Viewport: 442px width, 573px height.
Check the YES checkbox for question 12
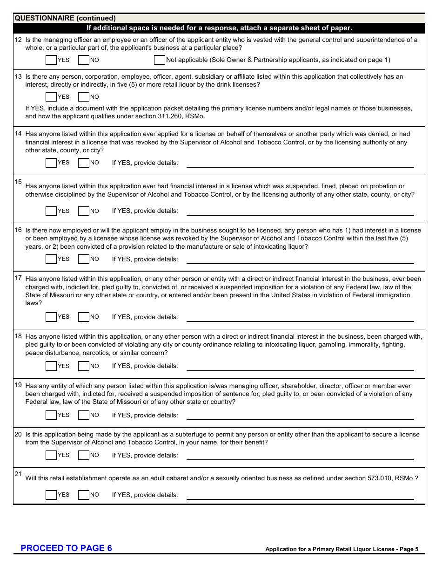(51, 60)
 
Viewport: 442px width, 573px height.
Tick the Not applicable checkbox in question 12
(159, 60)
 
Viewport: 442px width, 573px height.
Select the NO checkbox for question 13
(84, 97)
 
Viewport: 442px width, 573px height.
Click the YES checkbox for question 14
(51, 163)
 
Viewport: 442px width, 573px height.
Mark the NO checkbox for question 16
(84, 259)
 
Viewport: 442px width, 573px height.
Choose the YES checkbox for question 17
(51, 317)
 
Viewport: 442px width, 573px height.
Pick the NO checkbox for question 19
(84, 415)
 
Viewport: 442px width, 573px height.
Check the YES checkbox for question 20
(51, 455)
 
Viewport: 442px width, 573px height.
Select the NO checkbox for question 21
(84, 495)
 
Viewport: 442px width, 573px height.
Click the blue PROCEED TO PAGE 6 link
(66, 548)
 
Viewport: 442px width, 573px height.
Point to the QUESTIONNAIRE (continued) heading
(65, 18)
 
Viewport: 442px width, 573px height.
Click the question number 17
(18, 278)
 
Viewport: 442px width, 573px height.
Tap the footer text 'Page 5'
(409, 549)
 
